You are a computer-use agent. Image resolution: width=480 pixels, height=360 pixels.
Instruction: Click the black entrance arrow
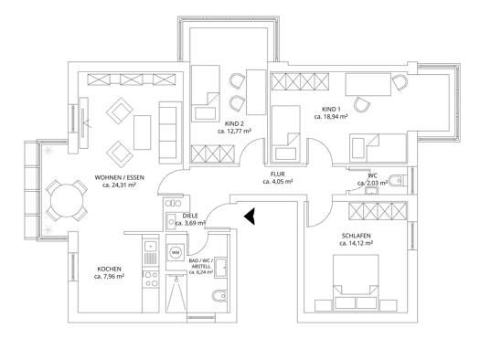(251, 216)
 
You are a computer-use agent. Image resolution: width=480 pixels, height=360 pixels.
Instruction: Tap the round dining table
(67, 201)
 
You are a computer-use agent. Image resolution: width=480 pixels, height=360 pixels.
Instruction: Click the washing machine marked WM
(176, 252)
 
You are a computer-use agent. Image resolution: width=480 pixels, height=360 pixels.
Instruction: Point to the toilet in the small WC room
(398, 181)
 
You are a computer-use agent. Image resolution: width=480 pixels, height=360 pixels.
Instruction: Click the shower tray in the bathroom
(176, 293)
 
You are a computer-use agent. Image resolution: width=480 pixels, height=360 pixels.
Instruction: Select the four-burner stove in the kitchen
(150, 279)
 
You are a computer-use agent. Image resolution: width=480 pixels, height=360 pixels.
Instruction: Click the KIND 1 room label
(331, 110)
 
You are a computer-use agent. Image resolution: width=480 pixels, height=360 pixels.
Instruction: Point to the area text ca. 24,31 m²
(120, 185)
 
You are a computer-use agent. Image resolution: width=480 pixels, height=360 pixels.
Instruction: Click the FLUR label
(278, 174)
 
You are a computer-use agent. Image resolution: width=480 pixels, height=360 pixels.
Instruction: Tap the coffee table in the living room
(143, 132)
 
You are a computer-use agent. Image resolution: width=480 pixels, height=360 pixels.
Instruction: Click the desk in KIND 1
(368, 84)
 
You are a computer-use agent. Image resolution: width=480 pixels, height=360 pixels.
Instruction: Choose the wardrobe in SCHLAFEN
(378, 211)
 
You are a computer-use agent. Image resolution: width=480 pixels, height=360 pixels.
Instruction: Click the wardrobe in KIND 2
(213, 154)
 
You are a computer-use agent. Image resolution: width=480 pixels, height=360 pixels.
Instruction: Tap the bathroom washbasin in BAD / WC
(220, 268)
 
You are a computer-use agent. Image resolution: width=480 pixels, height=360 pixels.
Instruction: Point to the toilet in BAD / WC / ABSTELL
(219, 296)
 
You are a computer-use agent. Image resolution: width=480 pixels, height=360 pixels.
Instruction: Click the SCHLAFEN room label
(356, 236)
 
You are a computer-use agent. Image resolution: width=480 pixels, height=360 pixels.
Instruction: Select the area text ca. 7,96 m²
(110, 277)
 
